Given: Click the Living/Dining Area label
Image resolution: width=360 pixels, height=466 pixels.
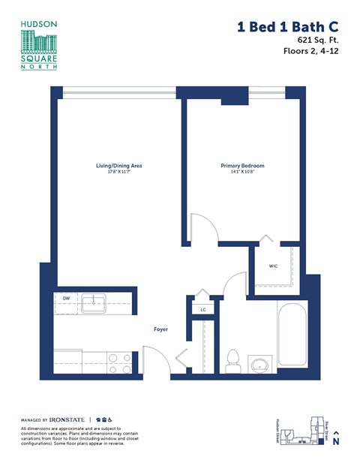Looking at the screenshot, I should (118, 165).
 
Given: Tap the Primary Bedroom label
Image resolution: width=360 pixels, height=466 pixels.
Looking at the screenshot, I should (241, 165).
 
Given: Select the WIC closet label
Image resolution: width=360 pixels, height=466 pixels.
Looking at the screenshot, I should (274, 266).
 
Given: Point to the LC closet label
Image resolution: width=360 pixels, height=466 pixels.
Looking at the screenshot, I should (202, 309).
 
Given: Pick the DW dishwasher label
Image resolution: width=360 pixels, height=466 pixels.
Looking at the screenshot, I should (66, 299).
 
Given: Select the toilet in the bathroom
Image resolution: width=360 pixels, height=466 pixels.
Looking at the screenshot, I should (232, 361).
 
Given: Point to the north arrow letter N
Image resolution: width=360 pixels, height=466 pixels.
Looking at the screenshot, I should (337, 442).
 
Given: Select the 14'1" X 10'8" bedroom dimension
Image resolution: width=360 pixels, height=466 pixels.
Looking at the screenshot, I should (241, 172).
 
